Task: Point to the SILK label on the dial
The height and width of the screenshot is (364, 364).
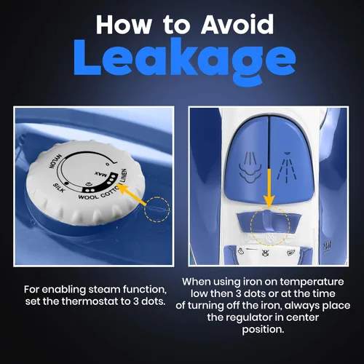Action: point(59,188)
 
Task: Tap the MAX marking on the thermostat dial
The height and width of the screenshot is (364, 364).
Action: point(100,174)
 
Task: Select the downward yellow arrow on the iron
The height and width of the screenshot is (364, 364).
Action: point(269,189)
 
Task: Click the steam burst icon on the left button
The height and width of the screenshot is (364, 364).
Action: point(250,167)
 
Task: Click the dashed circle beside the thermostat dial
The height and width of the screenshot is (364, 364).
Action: point(157,210)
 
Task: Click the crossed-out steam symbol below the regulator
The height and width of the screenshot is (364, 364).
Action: point(264,253)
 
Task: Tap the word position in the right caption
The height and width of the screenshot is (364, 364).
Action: point(263,329)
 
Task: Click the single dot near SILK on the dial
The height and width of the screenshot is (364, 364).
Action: point(66,182)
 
